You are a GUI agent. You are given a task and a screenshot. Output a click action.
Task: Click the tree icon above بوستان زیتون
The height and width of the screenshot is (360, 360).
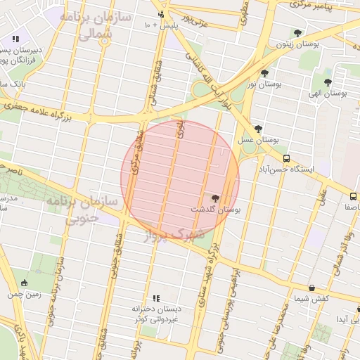tap(297, 33)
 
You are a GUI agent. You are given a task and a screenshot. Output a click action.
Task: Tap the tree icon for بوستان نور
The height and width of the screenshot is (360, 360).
tap(264, 73)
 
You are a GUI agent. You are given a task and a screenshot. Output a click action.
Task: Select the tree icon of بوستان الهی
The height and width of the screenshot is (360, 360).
tap(327, 82)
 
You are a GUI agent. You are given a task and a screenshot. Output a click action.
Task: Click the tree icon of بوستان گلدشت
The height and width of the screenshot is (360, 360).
tap(215, 199)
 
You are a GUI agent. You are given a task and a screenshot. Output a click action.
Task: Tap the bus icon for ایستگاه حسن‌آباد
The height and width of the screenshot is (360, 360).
tap(286, 159)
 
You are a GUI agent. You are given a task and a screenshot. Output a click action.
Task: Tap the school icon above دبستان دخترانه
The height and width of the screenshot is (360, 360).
tap(156, 298)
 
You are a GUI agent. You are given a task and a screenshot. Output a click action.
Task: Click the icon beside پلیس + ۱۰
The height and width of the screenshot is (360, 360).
tap(162, 14)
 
